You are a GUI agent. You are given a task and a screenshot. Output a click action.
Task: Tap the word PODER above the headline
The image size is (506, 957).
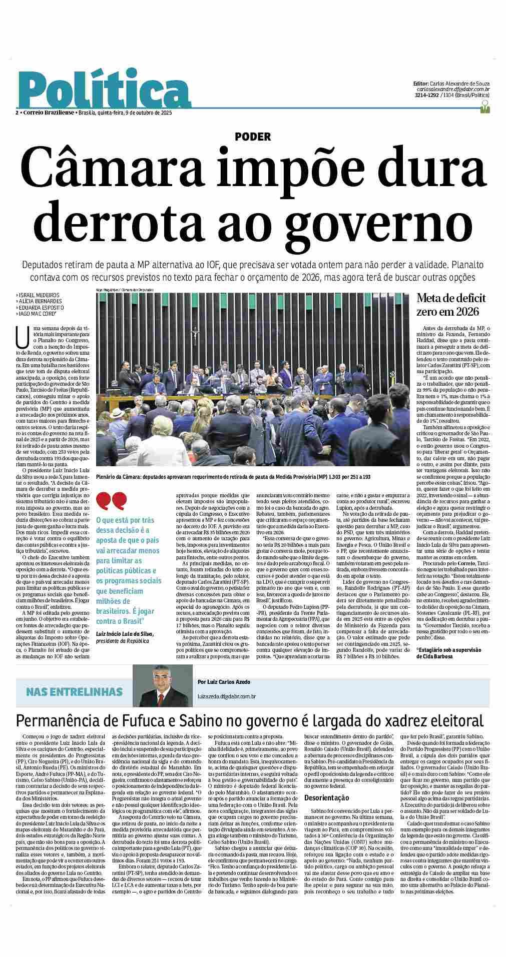pyautogui.click(x=253, y=137)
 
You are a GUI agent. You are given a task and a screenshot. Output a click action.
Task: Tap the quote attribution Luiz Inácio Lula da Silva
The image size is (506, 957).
pyautogui.click(x=125, y=634)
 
